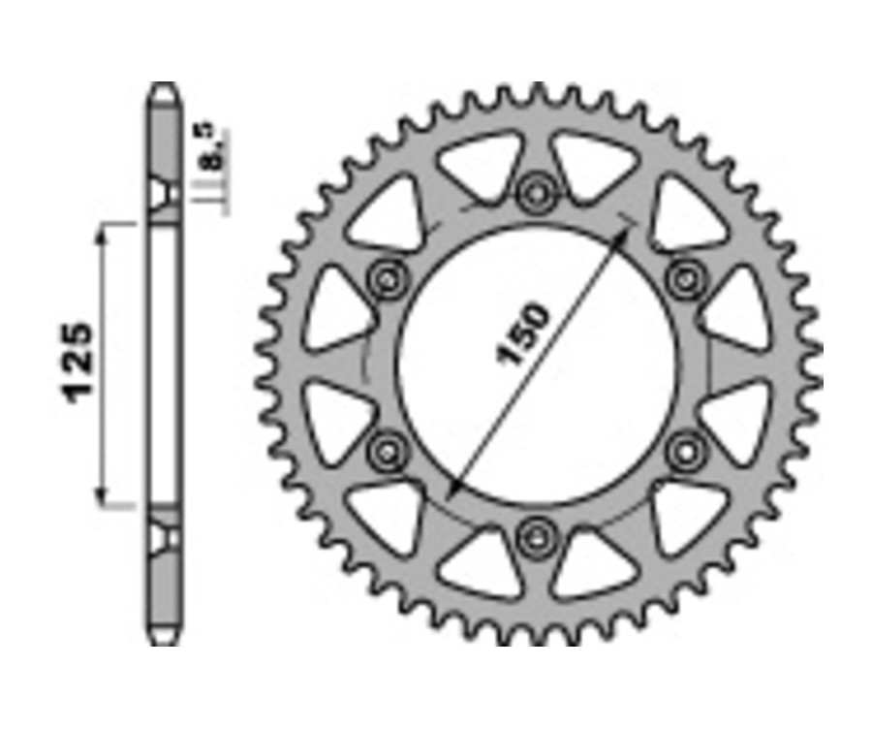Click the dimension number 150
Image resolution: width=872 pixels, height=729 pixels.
pos(524,334)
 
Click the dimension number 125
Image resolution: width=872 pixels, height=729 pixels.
pos(79,360)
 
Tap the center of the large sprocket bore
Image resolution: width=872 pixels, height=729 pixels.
pos(536,364)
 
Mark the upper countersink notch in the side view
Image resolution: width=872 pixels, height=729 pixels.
pos(164,193)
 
